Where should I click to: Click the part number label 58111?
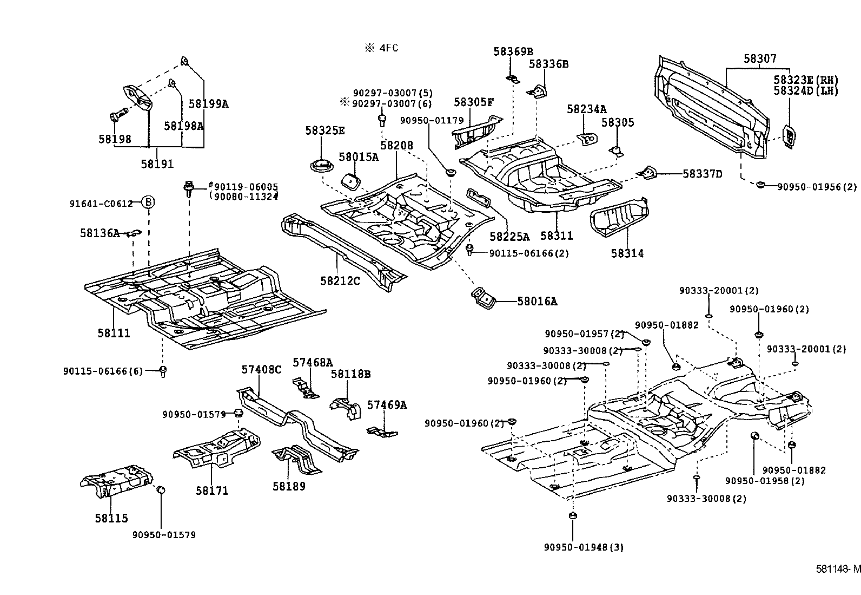[114, 333]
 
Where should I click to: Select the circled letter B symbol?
[148, 203]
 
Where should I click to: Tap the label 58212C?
[340, 280]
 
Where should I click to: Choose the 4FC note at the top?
[382, 48]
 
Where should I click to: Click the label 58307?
[759, 58]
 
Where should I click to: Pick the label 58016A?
[537, 302]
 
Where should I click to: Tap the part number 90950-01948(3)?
[584, 547]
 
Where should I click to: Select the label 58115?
[111, 518]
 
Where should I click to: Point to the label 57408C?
[262, 369]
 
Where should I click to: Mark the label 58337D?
[703, 174]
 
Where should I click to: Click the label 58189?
[289, 486]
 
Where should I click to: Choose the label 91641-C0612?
[101, 204]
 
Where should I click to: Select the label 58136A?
[100, 233]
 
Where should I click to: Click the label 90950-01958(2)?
[765, 481]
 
